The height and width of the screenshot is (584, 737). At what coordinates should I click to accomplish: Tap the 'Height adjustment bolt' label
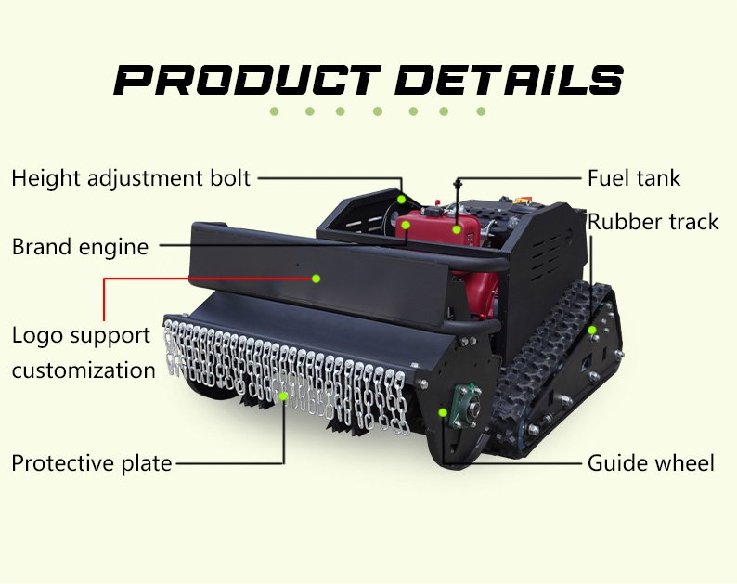coord(131,178)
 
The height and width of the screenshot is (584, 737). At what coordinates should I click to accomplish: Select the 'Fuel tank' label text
coord(634,178)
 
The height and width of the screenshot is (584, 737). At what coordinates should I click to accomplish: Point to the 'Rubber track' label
coord(653,222)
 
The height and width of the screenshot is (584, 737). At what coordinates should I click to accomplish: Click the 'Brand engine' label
coord(80,247)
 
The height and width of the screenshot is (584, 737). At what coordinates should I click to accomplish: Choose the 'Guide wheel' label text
coord(651,462)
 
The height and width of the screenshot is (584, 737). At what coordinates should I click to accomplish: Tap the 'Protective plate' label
coord(91,463)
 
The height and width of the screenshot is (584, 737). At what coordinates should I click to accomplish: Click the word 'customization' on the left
coord(84,370)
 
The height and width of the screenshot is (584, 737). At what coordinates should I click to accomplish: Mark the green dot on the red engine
coord(457,228)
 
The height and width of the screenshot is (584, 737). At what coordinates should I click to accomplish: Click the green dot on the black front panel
coord(316,278)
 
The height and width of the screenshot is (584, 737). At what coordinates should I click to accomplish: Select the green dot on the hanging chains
coord(284,396)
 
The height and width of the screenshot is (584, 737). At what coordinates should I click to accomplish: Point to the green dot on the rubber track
coord(591,330)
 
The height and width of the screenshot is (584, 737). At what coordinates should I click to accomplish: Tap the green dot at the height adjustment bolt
coord(402,199)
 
